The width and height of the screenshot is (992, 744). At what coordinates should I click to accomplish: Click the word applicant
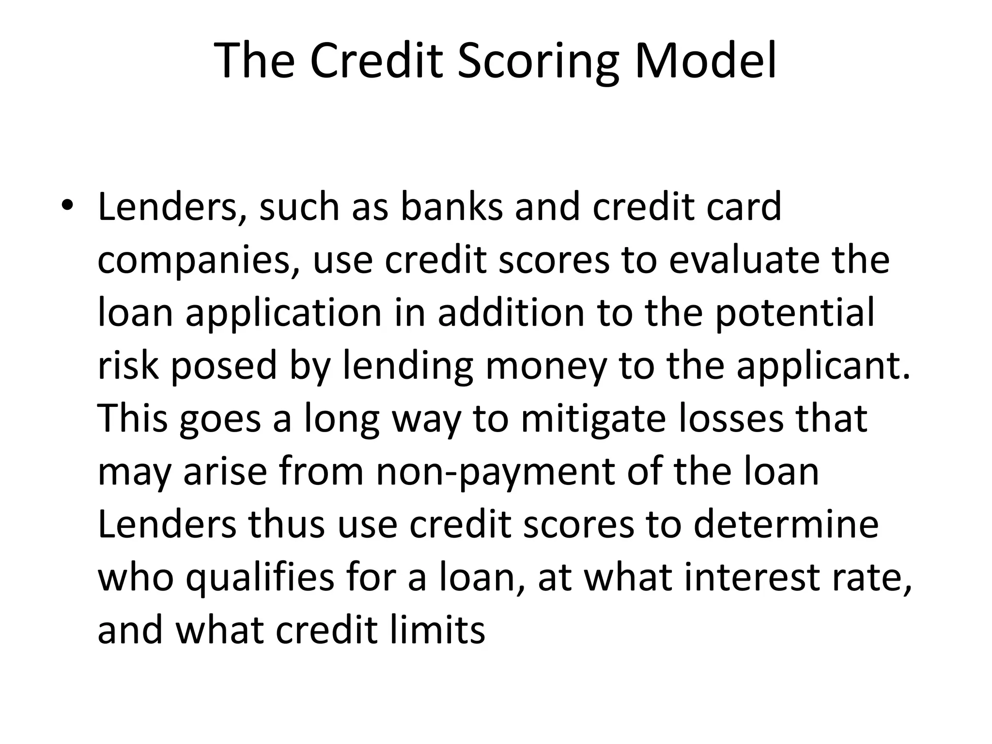[x=823, y=367]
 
